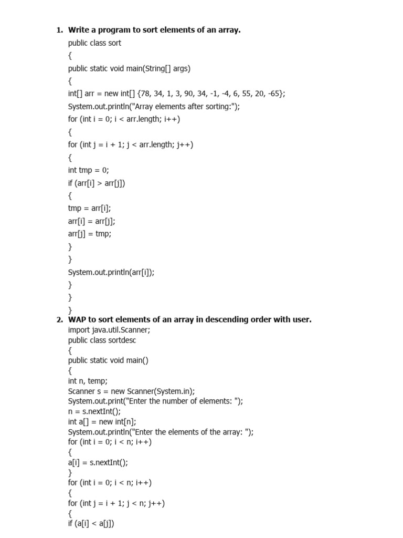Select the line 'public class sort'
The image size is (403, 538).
[94, 43]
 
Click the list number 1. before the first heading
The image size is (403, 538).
[59, 30]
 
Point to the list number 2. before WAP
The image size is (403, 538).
[59, 319]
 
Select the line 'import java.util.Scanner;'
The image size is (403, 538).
[112, 330]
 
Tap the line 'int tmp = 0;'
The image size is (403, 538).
[88, 170]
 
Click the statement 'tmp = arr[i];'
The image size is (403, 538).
[89, 208]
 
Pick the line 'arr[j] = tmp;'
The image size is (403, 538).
[90, 234]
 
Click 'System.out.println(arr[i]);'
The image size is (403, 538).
[111, 272]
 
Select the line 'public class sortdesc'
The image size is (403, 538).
[102, 340]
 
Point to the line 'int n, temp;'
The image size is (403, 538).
[88, 380]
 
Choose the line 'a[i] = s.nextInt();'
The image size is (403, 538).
[98, 462]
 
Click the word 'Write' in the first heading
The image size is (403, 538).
[80, 30]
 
